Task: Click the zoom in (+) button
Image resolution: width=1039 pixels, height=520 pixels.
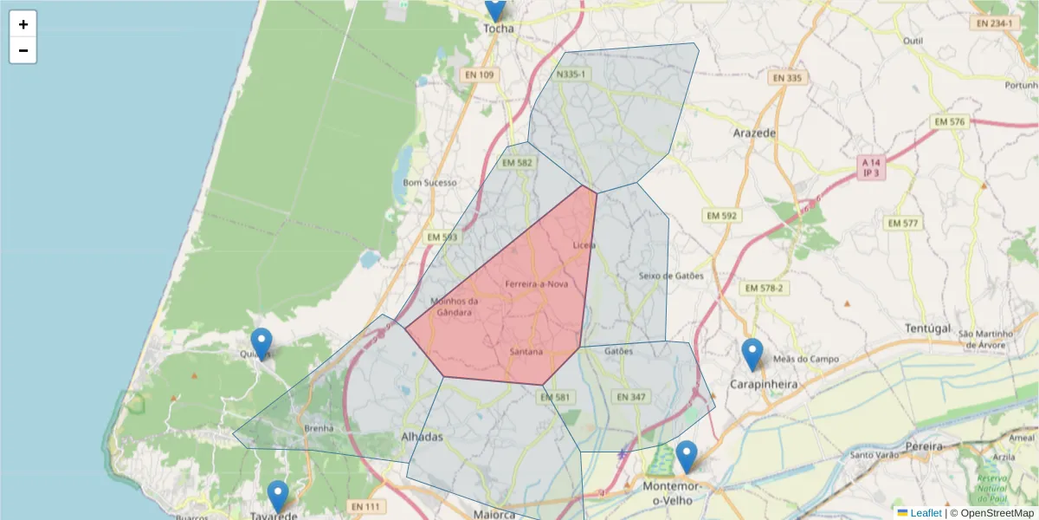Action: tap(23, 24)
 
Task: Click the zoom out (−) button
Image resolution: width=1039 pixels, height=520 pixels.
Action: tap(23, 50)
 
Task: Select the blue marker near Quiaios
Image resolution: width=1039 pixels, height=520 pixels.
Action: tap(261, 343)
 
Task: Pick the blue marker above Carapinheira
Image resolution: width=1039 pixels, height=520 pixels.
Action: tap(752, 354)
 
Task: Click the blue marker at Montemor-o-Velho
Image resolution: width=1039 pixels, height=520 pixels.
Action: tap(687, 456)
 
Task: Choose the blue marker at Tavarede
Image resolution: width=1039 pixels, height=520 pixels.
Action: tap(278, 496)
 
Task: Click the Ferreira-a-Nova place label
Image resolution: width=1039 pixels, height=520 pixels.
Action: tap(536, 284)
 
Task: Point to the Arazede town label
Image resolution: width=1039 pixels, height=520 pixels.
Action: tap(754, 133)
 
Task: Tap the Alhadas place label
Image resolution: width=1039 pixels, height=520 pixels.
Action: tap(423, 437)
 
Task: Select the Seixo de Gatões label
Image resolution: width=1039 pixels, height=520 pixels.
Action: tap(671, 276)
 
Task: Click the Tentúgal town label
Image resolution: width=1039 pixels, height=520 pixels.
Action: tap(927, 328)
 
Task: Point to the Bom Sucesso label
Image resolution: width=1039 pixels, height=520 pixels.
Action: tap(429, 183)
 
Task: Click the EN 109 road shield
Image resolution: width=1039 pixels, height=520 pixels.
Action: tap(479, 75)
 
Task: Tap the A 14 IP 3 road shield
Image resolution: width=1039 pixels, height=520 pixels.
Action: tap(871, 167)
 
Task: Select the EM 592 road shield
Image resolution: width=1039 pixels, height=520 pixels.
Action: tap(721, 215)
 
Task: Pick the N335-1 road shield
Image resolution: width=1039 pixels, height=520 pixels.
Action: tap(571, 75)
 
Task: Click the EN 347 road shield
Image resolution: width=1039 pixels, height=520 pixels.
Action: tap(629, 397)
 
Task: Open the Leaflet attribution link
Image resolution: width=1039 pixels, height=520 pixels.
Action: tap(925, 513)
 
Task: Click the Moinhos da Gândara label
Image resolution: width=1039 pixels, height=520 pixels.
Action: tap(455, 307)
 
